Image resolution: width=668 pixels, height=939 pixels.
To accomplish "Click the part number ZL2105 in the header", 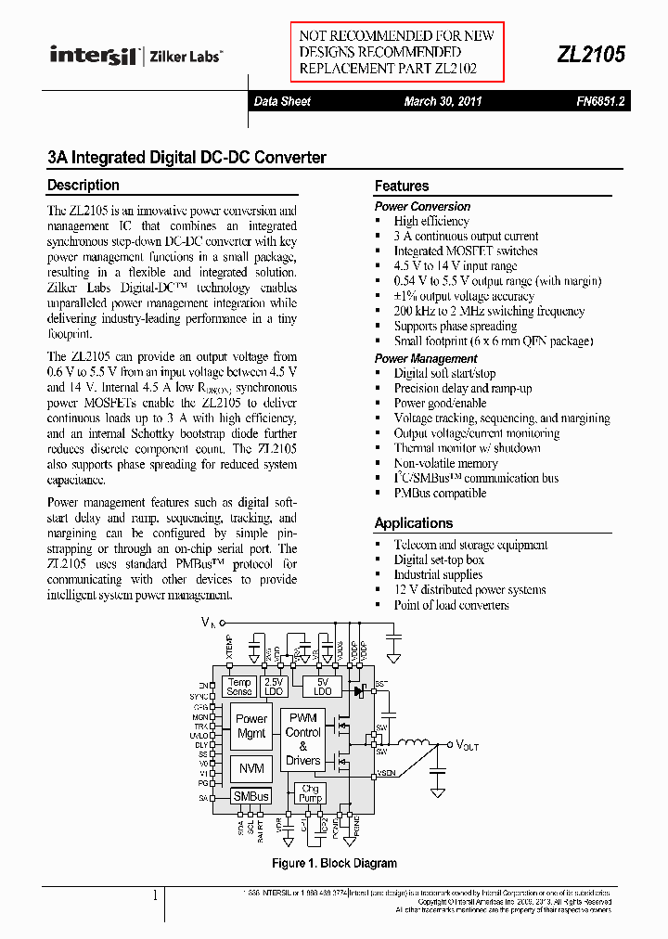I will (590, 55).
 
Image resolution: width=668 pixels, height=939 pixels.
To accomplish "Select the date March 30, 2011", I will (443, 102).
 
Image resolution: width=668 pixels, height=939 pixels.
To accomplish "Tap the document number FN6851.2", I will (599, 102).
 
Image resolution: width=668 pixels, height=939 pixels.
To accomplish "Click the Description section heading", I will (83, 186).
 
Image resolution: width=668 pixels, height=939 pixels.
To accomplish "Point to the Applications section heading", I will (414, 523).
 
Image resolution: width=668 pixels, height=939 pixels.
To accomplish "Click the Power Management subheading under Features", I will (426, 358).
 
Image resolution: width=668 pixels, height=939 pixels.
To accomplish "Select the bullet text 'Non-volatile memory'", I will (445, 463).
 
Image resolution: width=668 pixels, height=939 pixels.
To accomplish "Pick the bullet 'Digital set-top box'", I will (439, 560).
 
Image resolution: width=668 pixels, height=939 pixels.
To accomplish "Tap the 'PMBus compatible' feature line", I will (440, 493).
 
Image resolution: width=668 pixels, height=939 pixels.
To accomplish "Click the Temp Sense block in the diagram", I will (239, 688).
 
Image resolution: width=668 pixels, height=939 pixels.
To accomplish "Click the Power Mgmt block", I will (251, 726).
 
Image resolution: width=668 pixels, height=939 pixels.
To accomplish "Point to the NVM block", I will (251, 768).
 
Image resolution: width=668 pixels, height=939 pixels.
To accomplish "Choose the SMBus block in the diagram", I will (250, 796).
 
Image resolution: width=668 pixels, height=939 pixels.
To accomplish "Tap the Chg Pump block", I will (309, 793).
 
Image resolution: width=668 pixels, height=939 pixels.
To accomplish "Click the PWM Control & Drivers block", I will (303, 740).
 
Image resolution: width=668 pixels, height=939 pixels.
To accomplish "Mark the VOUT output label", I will (467, 745).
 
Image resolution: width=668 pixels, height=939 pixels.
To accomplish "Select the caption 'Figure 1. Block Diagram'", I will (334, 864).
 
